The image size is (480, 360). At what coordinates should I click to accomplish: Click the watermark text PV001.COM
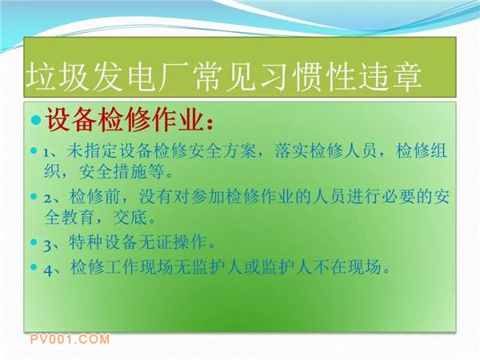click(70, 339)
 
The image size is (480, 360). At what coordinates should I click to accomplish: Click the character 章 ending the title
click(406, 77)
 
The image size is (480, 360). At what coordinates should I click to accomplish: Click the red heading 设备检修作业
click(125, 120)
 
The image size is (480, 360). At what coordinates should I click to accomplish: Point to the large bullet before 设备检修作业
click(36, 120)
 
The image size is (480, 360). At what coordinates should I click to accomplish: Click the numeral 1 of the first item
click(46, 153)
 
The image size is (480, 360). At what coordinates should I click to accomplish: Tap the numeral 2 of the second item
click(48, 198)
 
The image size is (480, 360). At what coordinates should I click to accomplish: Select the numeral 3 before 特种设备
click(48, 246)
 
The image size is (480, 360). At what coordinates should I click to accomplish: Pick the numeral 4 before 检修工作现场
click(48, 270)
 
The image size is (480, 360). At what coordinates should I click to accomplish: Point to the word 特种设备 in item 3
click(103, 243)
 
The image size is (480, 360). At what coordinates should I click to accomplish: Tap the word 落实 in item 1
click(291, 151)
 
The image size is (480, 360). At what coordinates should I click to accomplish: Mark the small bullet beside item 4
click(34, 267)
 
